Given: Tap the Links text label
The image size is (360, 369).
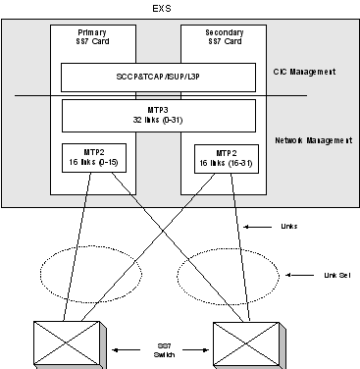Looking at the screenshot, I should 289,226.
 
